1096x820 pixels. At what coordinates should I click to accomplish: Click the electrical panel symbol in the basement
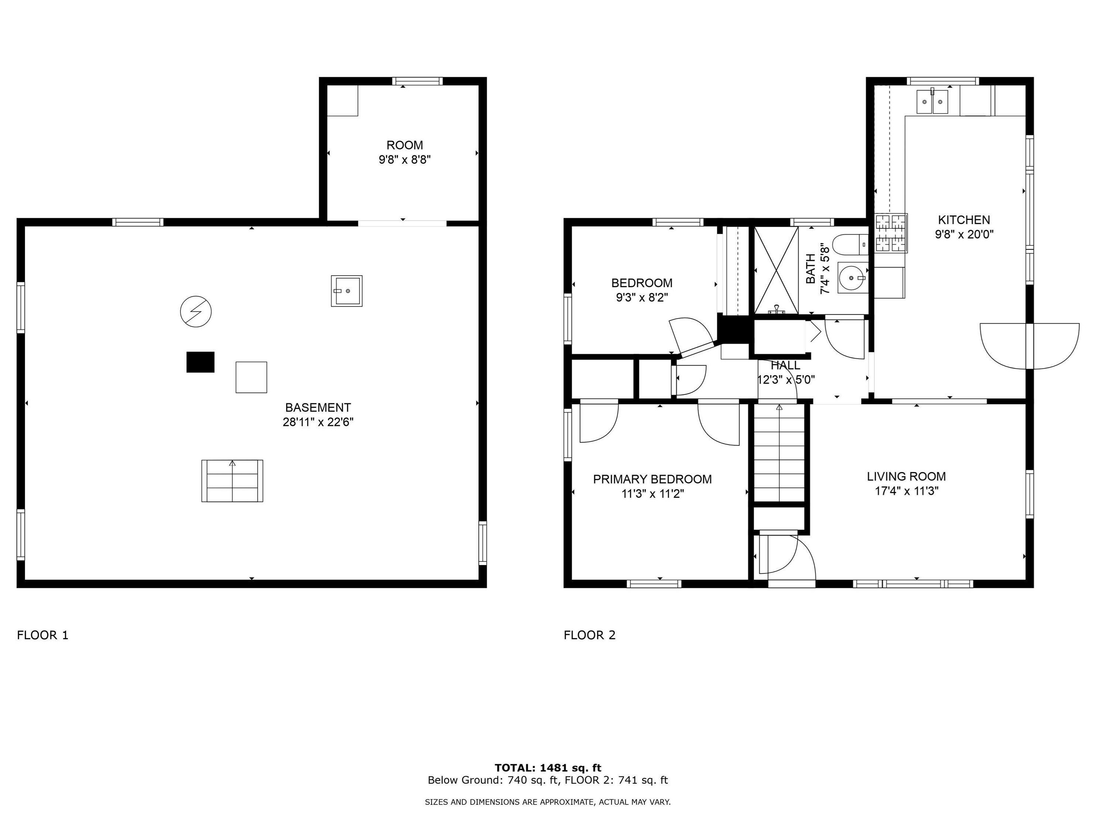[196, 312]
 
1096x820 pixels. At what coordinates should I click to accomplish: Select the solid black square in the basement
[201, 362]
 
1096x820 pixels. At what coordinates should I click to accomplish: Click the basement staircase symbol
[232, 481]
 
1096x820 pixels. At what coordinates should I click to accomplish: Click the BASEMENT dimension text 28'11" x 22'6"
[318, 422]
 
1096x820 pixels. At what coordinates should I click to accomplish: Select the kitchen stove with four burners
[891, 233]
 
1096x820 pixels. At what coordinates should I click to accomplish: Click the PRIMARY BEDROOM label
[652, 479]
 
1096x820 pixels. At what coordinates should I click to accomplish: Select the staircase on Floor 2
[779, 453]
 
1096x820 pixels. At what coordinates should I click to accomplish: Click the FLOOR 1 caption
[43, 635]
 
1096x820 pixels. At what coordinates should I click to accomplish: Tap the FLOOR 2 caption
[590, 635]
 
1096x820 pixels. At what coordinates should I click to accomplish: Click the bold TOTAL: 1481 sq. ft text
[548, 768]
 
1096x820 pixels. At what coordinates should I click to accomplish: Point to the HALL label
[785, 365]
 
